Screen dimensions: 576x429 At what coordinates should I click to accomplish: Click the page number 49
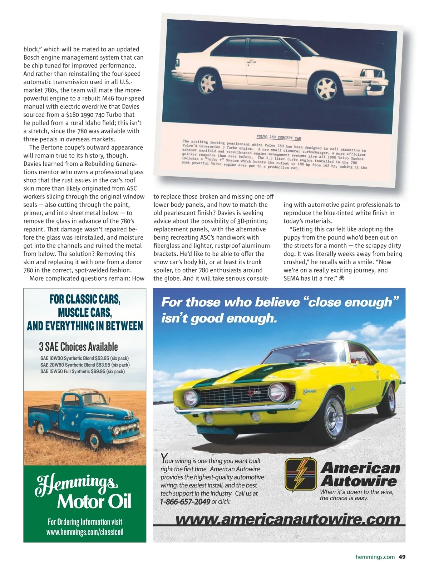402,557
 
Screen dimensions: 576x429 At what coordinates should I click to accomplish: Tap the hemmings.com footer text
375,557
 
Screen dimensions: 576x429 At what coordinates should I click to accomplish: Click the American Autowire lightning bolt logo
301,474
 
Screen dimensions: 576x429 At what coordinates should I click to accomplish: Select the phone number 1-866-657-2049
185,502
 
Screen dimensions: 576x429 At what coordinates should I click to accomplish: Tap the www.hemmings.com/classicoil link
85,532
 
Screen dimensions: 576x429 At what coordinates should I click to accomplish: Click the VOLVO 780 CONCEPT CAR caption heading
278,137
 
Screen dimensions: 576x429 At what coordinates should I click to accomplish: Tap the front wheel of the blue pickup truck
94,441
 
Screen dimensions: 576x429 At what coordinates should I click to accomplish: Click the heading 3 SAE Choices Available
78,346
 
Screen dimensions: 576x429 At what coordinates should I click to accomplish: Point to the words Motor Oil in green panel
94,501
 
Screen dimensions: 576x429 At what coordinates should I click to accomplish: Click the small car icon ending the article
341,278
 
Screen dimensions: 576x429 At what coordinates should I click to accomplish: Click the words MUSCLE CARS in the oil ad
85,312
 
